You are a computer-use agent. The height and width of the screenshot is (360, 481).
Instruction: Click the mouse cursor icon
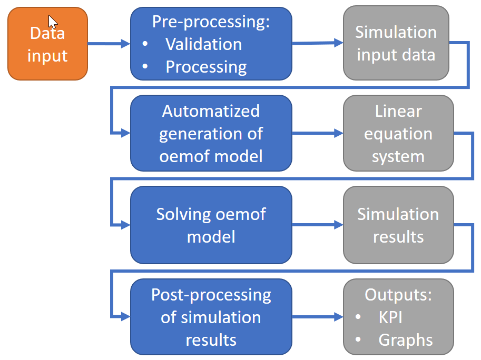point(53,22)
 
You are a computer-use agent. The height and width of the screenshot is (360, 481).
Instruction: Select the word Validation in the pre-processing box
point(203,44)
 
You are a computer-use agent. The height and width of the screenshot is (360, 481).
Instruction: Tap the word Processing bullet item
point(206,67)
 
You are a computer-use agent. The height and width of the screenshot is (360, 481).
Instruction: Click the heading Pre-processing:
point(211,22)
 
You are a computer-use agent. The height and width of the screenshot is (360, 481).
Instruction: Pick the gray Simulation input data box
point(396,44)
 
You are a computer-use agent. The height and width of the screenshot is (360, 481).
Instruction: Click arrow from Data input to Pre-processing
point(109,44)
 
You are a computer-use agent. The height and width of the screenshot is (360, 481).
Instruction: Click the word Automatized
point(211,111)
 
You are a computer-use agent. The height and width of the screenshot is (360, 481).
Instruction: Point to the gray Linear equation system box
point(398,133)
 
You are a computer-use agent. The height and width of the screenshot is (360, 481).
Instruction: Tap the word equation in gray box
point(398,134)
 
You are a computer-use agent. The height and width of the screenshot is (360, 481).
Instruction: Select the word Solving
point(182,214)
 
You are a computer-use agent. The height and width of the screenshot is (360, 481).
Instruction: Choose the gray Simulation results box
point(398,225)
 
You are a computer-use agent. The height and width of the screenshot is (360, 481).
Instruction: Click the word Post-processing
point(211,295)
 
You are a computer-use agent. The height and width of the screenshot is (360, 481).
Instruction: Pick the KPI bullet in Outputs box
point(390,317)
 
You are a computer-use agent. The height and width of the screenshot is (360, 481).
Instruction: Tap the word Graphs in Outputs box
point(405,340)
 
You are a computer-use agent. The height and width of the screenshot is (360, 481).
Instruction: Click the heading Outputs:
point(398,295)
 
